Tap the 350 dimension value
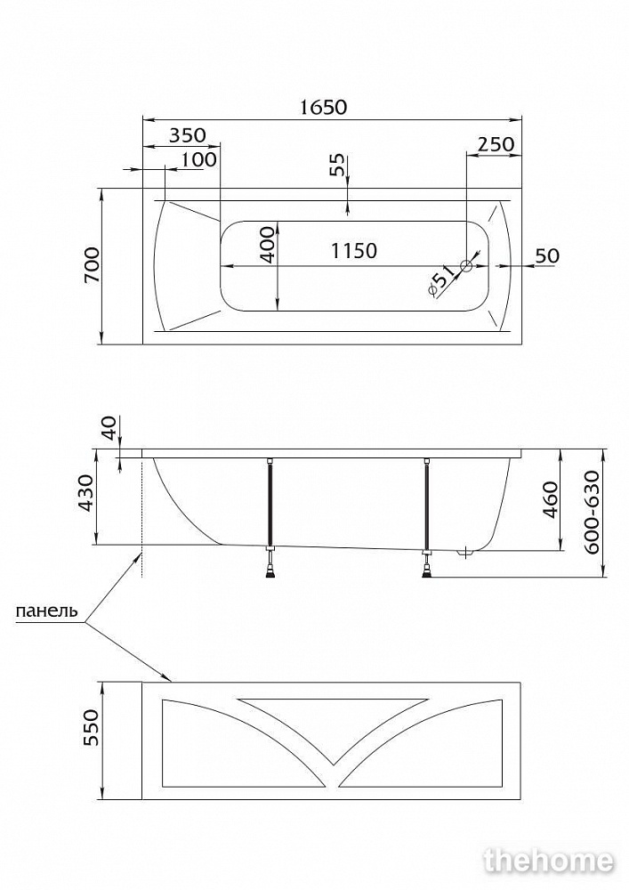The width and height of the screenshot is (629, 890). click(188, 135)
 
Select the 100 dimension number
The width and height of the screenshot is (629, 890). click(199, 159)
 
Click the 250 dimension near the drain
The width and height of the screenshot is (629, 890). click(496, 144)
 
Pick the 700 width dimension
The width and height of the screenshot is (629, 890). click(92, 265)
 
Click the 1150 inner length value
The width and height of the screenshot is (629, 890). click(354, 250)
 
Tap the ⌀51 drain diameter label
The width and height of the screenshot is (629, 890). click(442, 282)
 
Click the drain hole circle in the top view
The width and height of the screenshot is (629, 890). click(466, 265)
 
